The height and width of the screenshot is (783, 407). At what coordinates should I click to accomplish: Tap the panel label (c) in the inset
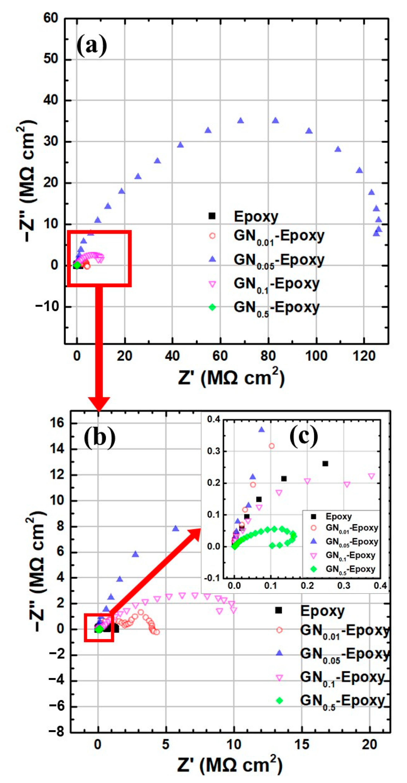[304, 436]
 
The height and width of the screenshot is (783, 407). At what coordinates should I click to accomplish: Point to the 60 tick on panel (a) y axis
[50, 18]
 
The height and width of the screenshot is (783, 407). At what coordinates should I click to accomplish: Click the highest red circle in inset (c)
[272, 446]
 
